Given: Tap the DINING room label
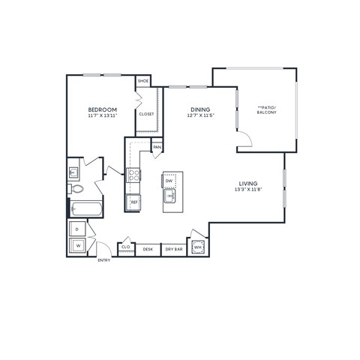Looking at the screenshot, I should pos(199,109).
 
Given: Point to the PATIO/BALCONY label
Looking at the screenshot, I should pos(266,110).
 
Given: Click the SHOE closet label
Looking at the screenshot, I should pos(142,80).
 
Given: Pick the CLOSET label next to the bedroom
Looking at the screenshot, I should pos(146,114).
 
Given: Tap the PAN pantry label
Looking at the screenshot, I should pos(157,147).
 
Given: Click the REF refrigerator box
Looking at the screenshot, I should pos(134,202).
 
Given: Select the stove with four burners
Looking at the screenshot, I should pos(134,175).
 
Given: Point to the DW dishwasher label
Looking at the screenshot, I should pos(169,181).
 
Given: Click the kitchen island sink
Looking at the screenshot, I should pos(170,197).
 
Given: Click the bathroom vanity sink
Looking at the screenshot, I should pos(73,170).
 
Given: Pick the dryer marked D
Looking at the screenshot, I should pos(77,228).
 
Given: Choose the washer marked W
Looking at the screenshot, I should pos(77,244).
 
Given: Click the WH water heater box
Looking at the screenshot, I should pos(197,247).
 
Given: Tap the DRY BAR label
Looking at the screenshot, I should pos(173,248).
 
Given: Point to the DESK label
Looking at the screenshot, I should pos(148,248).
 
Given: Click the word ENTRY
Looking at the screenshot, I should pos(103,260).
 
